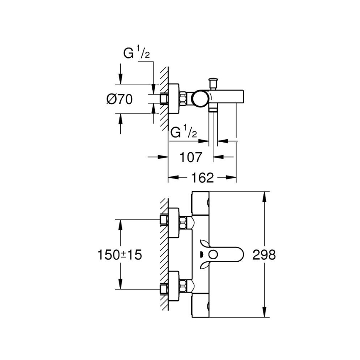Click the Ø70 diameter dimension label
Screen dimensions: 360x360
(x=119, y=100)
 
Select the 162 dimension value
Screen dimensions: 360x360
(x=203, y=178)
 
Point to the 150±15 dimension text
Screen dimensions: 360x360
(x=119, y=254)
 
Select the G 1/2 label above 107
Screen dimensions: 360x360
(x=183, y=133)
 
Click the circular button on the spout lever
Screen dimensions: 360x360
(x=214, y=255)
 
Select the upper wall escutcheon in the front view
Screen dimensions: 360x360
(x=173, y=222)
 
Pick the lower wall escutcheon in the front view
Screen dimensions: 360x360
(x=173, y=287)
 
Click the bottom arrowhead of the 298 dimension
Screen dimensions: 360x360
(x=264, y=314)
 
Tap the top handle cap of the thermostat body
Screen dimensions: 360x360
(x=200, y=203)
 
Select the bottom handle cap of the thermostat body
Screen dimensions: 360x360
(x=200, y=306)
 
